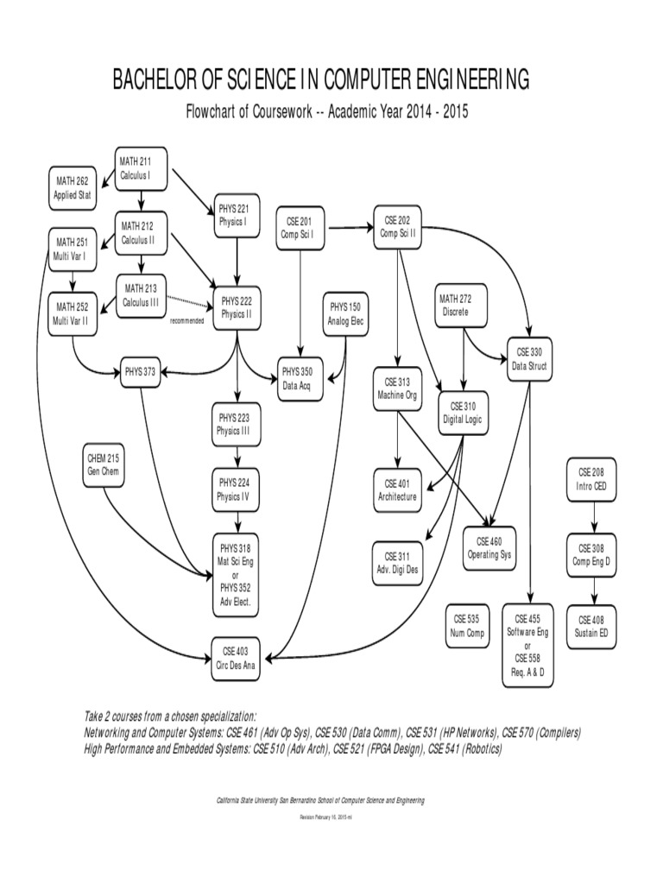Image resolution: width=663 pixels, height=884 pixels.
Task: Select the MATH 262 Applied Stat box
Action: pyautogui.click(x=73, y=187)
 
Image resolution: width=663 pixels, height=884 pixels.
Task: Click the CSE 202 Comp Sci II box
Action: pyautogui.click(x=399, y=226)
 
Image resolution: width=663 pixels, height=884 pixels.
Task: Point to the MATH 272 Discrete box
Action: pyautogui.click(x=455, y=305)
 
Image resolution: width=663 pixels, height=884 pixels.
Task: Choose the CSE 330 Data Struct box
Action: pyautogui.click(x=528, y=359)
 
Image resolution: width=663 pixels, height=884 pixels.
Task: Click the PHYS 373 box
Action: pyautogui.click(x=139, y=372)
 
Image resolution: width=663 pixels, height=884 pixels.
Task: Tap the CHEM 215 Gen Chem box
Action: pyautogui.click(x=103, y=466)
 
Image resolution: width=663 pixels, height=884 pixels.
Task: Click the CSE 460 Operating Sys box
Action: pyautogui.click(x=489, y=548)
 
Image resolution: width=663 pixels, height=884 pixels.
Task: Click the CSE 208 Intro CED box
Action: pyautogui.click(x=592, y=478)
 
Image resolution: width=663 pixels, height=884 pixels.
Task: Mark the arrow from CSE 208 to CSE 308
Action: pyautogui.click(x=592, y=517)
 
